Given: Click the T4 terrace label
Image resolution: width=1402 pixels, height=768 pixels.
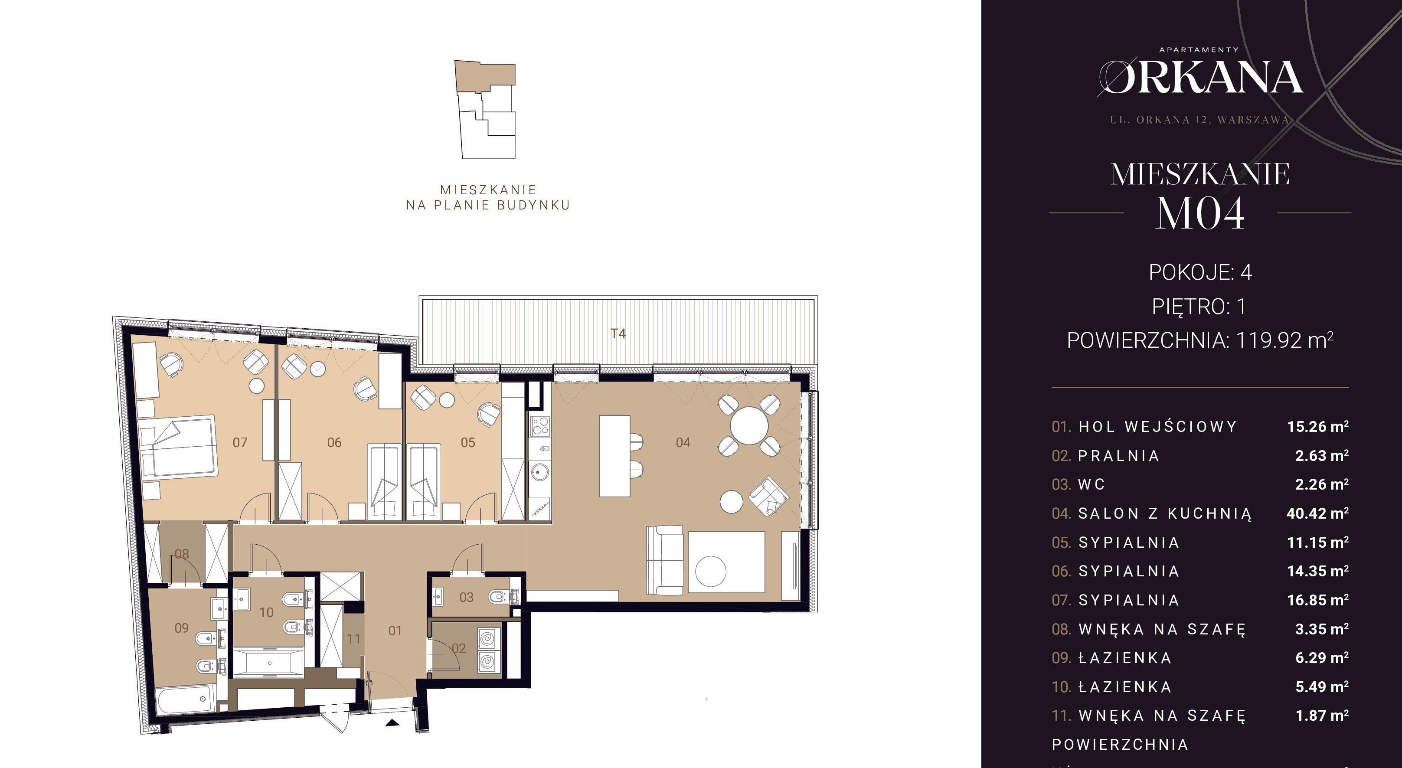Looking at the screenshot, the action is pyautogui.click(x=618, y=333).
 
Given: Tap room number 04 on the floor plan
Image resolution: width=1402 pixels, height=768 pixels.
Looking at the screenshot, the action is pyautogui.click(x=683, y=442).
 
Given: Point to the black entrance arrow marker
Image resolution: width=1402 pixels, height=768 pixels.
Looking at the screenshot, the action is pyautogui.click(x=392, y=723).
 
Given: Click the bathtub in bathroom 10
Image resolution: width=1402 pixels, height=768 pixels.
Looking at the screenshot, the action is pyautogui.click(x=268, y=663).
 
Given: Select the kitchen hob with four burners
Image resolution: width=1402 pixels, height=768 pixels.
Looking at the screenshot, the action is pyautogui.click(x=540, y=426).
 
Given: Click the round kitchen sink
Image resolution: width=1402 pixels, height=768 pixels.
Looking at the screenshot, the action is pyautogui.click(x=539, y=472).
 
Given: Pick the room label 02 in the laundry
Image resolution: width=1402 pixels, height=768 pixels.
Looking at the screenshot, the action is pyautogui.click(x=459, y=648).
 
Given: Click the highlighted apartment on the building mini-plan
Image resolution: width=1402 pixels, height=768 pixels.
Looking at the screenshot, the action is pyautogui.click(x=484, y=77).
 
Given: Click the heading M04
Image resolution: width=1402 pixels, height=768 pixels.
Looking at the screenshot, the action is pyautogui.click(x=1199, y=213).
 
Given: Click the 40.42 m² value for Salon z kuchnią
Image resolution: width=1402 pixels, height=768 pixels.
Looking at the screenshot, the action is pyautogui.click(x=1317, y=513).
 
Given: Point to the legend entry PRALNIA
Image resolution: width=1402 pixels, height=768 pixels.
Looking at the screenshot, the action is pyautogui.click(x=1118, y=456).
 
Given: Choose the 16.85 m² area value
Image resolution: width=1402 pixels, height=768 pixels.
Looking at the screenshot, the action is pyautogui.click(x=1317, y=600).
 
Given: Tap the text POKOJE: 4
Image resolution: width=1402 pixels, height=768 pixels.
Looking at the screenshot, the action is pyautogui.click(x=1200, y=272).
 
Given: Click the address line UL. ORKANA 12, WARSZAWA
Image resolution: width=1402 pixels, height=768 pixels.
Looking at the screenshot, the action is pyautogui.click(x=1199, y=120).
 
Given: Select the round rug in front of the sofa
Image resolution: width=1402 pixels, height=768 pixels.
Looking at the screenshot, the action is pyautogui.click(x=711, y=571).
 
